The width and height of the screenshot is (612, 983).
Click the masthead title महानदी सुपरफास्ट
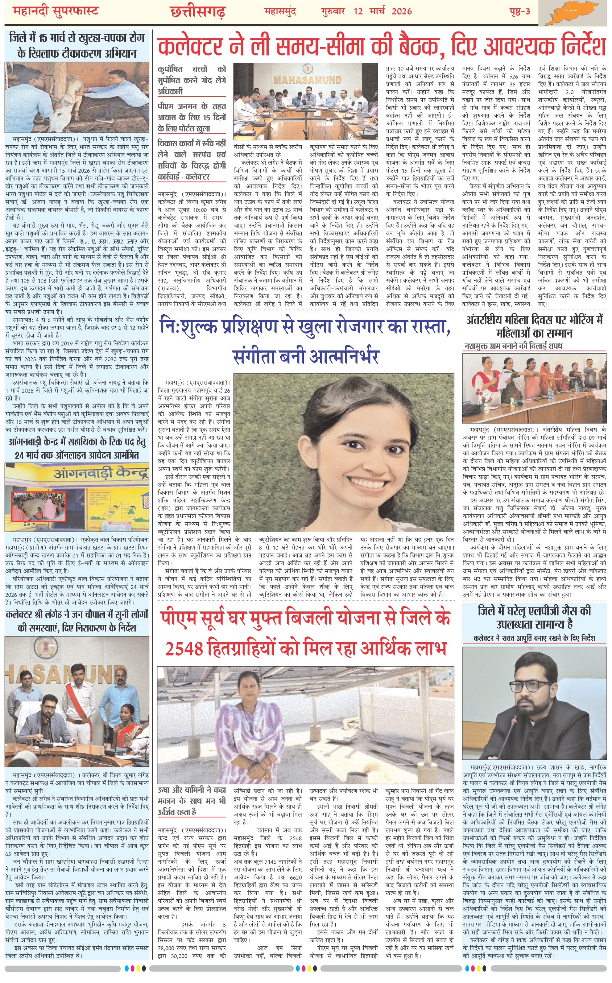coord(55,11)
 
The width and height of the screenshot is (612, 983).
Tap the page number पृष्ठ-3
coord(519,11)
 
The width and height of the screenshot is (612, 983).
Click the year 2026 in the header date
coord(401,11)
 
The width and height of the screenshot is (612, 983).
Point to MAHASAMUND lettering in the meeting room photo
coord(307,80)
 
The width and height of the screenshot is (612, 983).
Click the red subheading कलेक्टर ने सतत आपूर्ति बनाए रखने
coord(534,638)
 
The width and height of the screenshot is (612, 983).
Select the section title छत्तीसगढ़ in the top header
coord(198,12)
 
